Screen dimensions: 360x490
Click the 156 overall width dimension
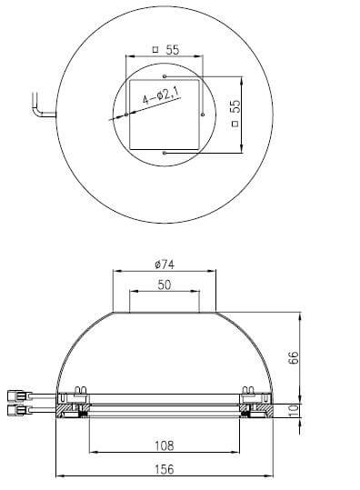point(165,469)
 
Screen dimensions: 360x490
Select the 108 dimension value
point(165,445)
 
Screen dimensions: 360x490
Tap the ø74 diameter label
point(165,265)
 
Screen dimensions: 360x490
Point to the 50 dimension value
point(165,285)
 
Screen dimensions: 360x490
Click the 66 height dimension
point(293,357)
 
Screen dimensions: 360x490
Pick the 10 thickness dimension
point(294,411)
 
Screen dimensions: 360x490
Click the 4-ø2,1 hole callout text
point(161,95)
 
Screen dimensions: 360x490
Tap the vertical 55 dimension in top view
point(235,106)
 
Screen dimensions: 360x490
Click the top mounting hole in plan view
point(165,76)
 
